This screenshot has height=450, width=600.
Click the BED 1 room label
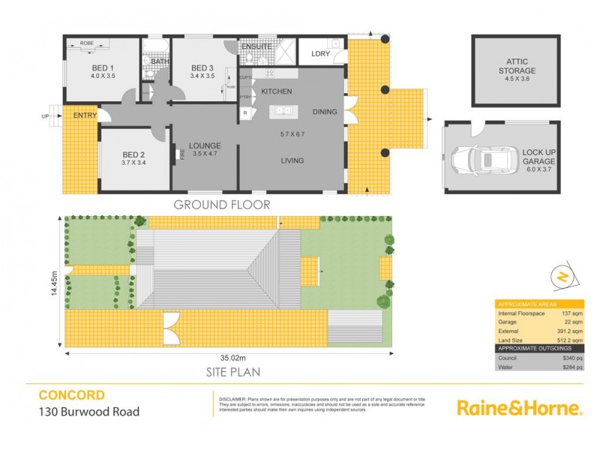[x=102, y=66]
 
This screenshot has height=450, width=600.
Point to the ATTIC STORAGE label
[x=517, y=66]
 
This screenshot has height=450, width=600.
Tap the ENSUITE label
[x=256, y=46]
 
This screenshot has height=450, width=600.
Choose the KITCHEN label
[x=276, y=91]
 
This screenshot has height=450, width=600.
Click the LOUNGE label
[x=204, y=145]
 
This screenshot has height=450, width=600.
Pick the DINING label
[x=325, y=112]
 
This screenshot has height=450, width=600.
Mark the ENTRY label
[x=85, y=115]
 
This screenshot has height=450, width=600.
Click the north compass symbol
[x=559, y=277]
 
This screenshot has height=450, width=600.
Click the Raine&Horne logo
[x=519, y=409]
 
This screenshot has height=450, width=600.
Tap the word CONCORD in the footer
[x=71, y=395]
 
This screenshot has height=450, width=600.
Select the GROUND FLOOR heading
[x=221, y=204]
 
